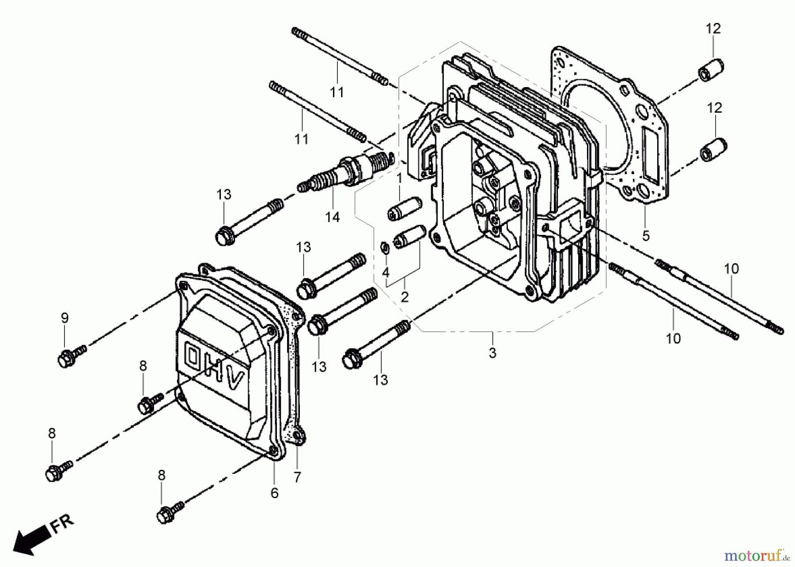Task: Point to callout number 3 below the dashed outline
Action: (492, 353)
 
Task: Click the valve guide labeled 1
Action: (405, 208)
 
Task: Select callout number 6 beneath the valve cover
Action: (274, 493)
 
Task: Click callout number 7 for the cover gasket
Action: (297, 477)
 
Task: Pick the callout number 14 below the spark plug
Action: (333, 217)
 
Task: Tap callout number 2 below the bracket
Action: (405, 297)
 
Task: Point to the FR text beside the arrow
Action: (61, 523)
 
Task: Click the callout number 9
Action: (64, 318)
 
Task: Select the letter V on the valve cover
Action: (235, 380)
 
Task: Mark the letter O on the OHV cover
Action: (193, 357)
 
